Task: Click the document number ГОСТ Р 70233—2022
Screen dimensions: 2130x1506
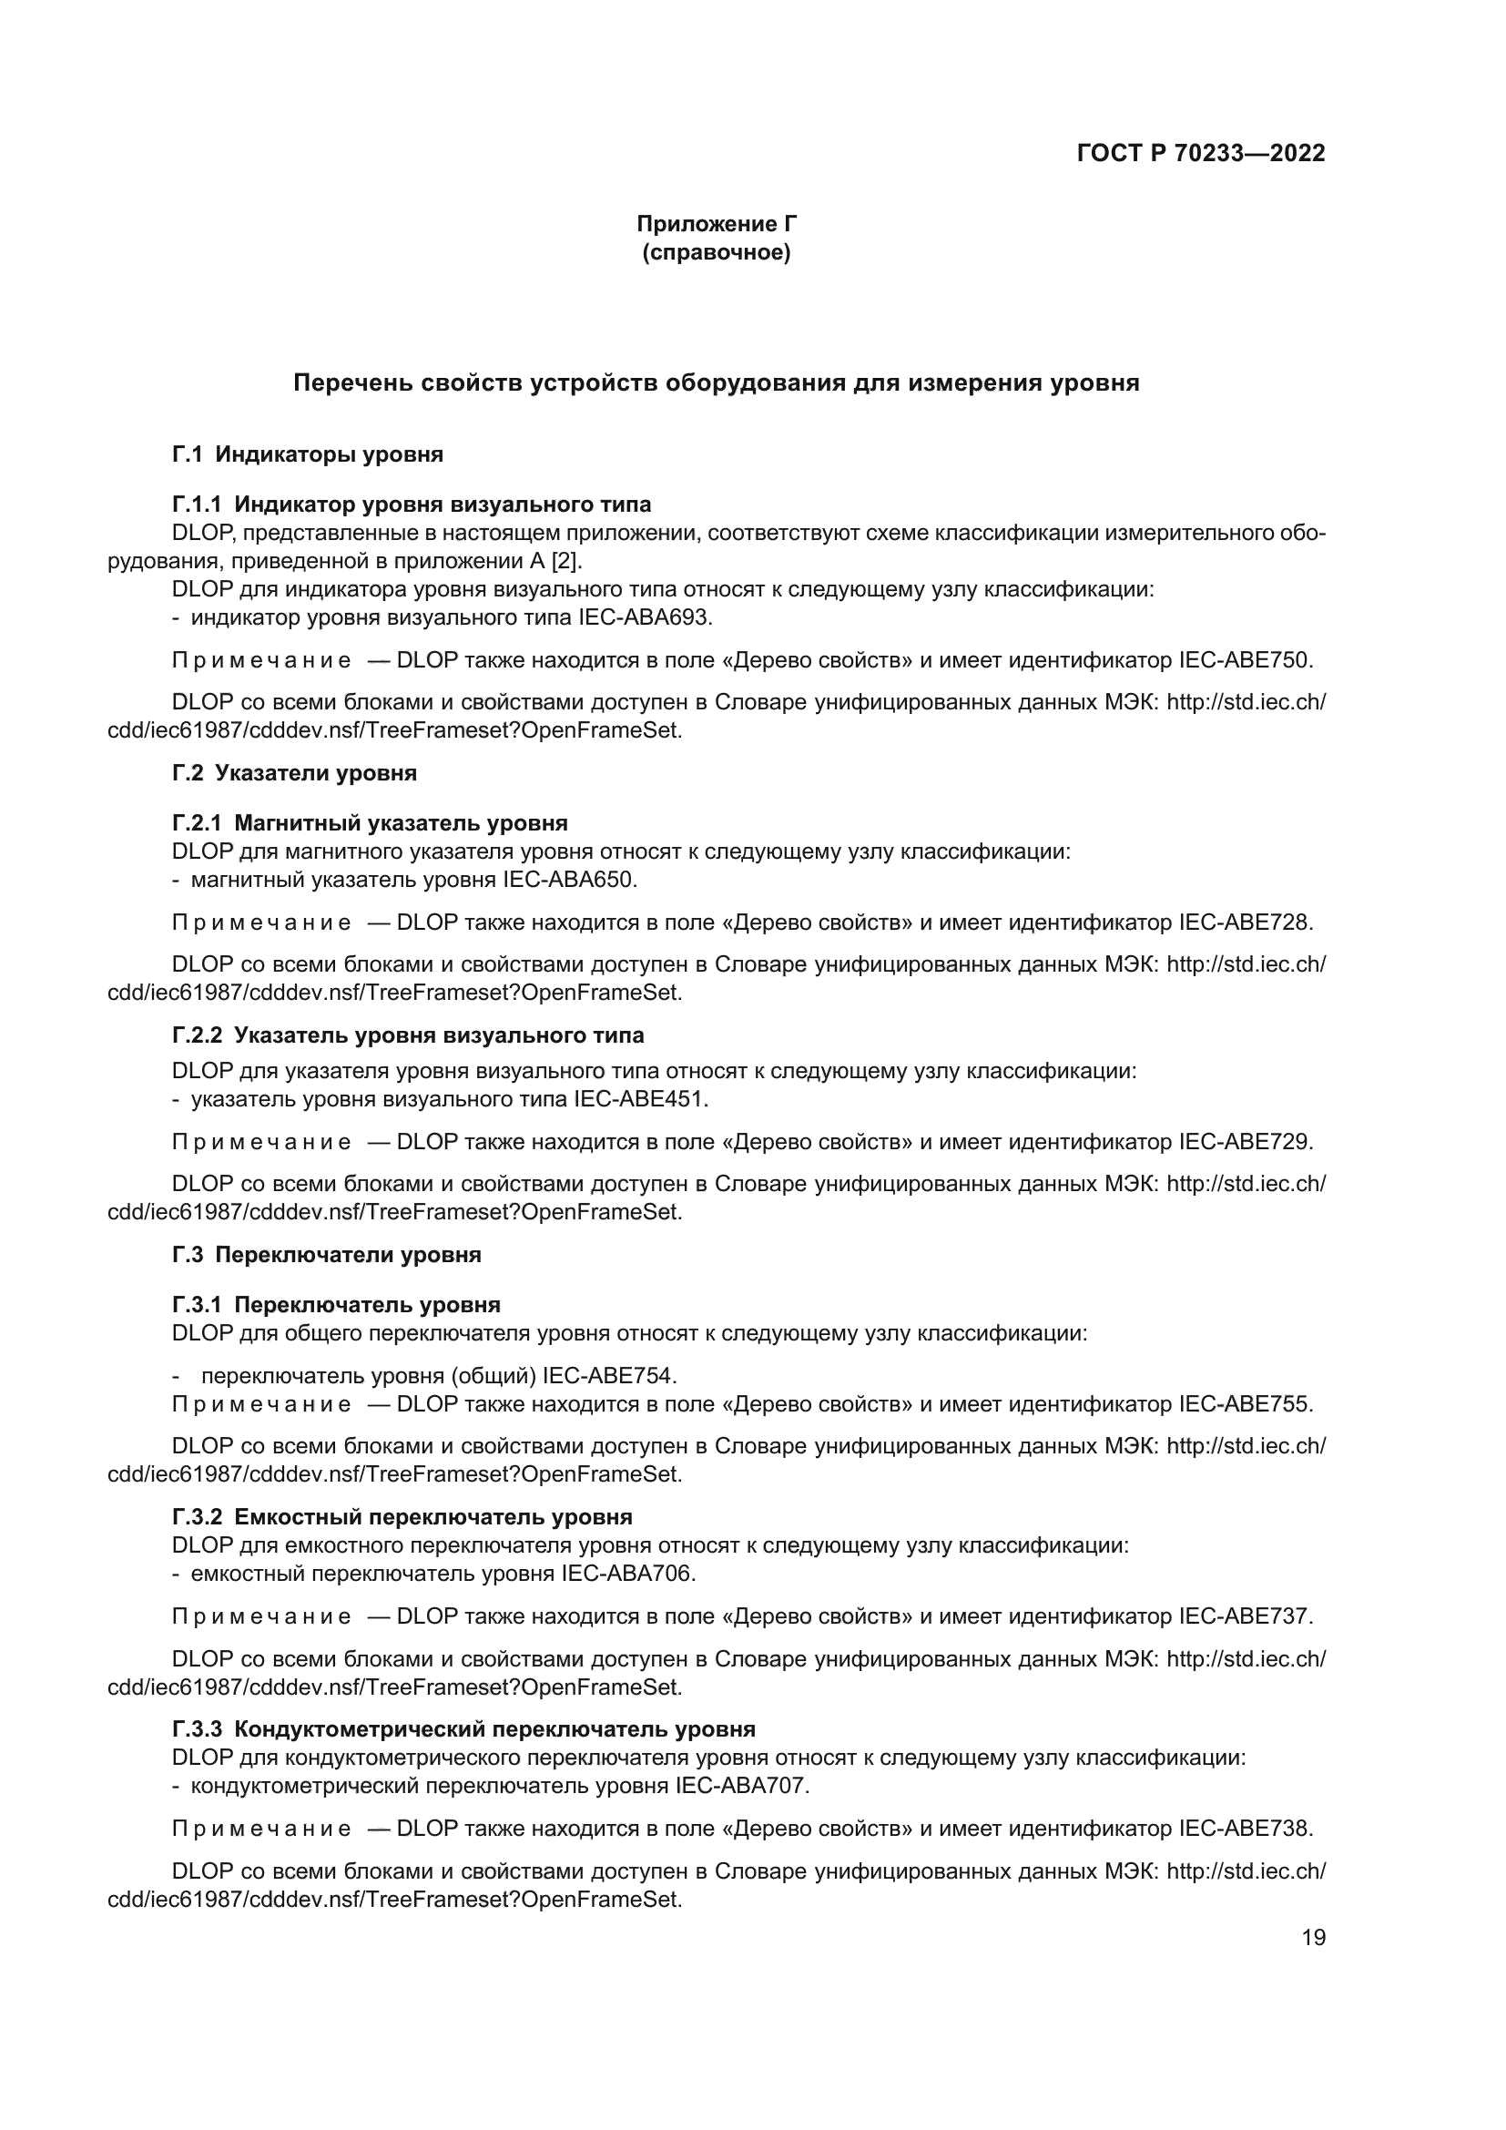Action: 1201,153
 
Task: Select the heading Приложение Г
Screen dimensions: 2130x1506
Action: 716,224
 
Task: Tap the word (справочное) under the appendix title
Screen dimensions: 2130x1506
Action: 716,252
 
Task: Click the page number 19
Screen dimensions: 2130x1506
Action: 1313,1937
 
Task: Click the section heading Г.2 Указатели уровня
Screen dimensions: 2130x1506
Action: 294,773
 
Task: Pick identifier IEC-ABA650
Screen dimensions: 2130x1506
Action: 568,879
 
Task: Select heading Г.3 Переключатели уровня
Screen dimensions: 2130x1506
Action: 327,1254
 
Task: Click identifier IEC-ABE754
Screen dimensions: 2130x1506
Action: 608,1375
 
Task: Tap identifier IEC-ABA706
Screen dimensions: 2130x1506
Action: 628,1574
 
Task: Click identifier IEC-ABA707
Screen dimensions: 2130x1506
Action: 741,1786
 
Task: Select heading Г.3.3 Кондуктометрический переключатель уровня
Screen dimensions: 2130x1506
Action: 463,1728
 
